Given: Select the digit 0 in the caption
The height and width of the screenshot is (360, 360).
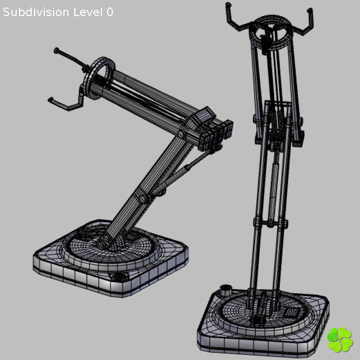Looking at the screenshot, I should pyautogui.click(x=109, y=12).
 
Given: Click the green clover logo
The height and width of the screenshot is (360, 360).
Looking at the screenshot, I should pyautogui.click(x=339, y=339).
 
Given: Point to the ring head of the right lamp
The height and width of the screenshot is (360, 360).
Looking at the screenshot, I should pyautogui.click(x=270, y=29).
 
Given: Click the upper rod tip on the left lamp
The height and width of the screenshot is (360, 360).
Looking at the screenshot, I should pyautogui.click(x=57, y=51).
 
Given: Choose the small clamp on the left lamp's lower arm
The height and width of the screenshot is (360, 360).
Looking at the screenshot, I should pyautogui.click(x=143, y=196).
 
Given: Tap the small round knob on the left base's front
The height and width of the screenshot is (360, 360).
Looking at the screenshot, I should pyautogui.click(x=121, y=278).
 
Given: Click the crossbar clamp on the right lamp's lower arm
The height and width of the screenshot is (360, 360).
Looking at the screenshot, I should pyautogui.click(x=269, y=222).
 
